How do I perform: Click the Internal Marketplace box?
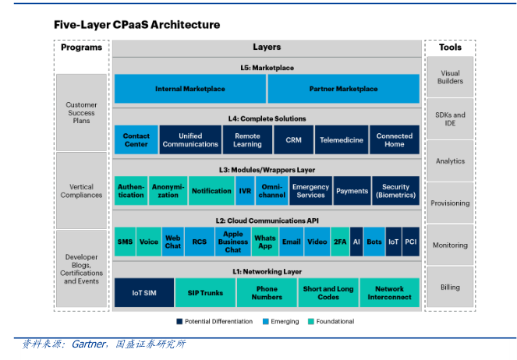click(189, 89)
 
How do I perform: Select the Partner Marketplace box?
click(343, 89)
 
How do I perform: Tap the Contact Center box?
click(136, 140)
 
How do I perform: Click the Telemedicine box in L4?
click(341, 140)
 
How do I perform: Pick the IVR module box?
click(245, 191)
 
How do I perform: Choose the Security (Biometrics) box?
click(395, 191)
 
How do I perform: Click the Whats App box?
click(265, 242)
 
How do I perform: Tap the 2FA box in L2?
click(340, 242)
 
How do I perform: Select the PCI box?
click(411, 242)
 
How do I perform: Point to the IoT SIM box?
click(143, 293)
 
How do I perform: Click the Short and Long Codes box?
click(328, 293)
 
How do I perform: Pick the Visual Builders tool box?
click(450, 77)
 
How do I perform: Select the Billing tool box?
click(450, 288)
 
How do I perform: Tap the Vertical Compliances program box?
click(82, 191)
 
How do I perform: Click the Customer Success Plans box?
click(82, 112)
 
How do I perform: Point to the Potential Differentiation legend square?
click(179, 321)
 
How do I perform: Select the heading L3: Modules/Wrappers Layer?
click(267, 169)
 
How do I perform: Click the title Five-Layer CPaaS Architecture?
click(136, 25)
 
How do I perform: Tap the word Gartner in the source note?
click(88, 344)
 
